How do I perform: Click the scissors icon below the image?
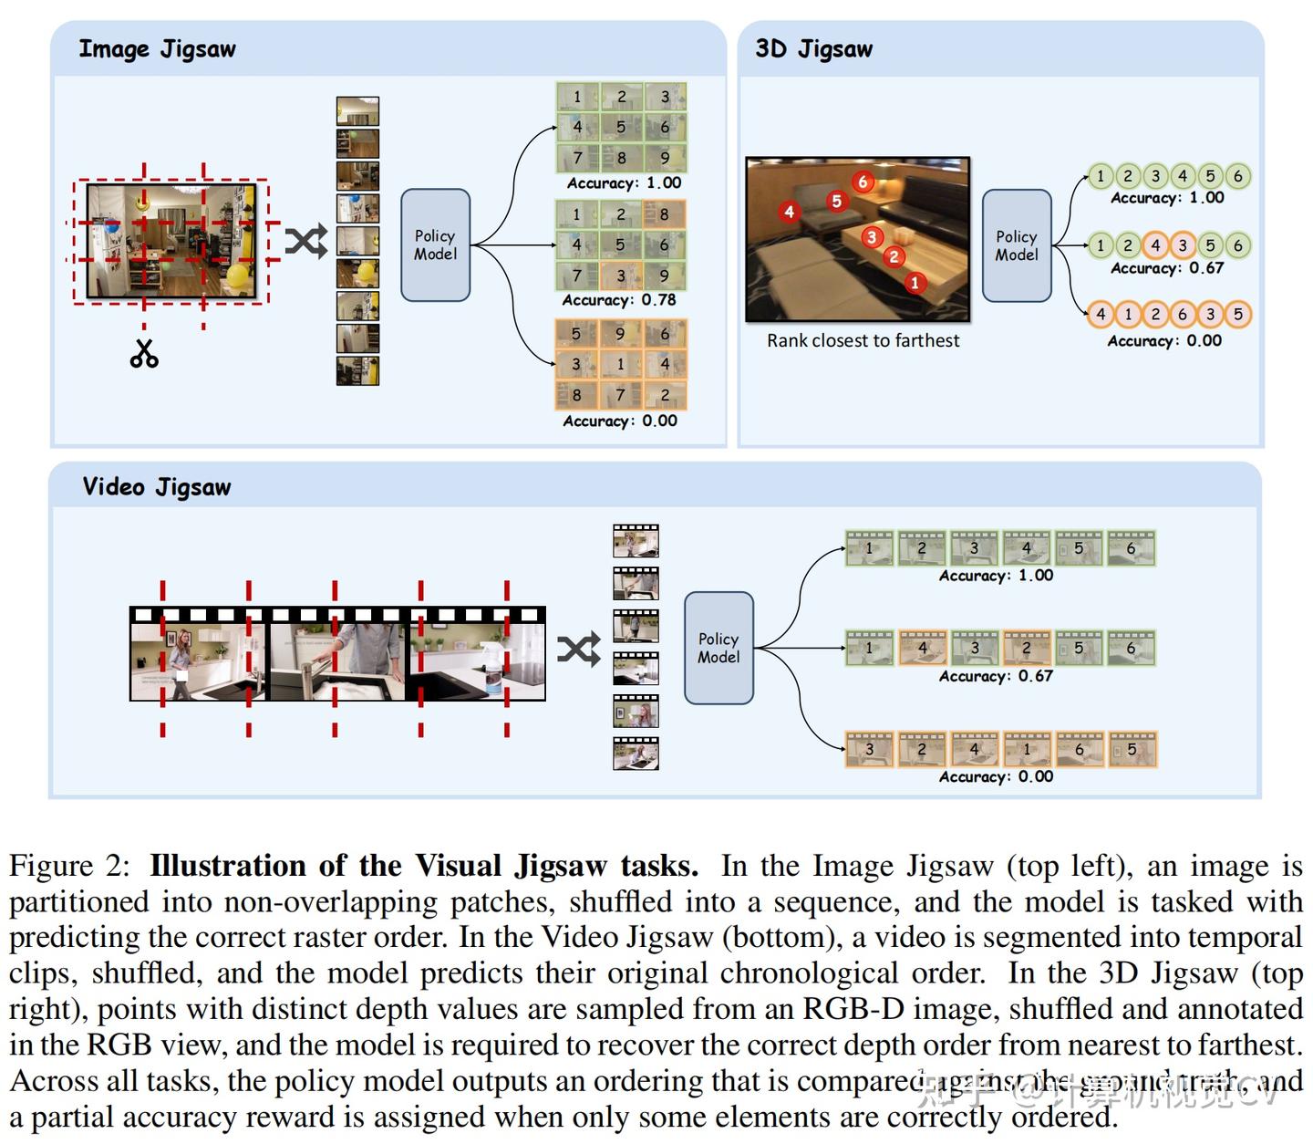click(x=144, y=353)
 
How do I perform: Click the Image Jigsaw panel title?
click(x=157, y=49)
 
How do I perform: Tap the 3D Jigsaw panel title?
click(x=813, y=49)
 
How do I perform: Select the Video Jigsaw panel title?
click(x=157, y=487)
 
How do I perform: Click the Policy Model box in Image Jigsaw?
click(x=435, y=245)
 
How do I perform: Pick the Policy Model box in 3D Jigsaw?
click(x=1017, y=245)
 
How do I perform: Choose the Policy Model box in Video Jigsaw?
click(x=719, y=648)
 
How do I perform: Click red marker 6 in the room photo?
click(x=863, y=182)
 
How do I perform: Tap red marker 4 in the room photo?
click(x=789, y=212)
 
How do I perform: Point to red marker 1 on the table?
click(x=915, y=283)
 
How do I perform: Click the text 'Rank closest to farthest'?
click(x=863, y=341)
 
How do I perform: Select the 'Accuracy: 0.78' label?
click(x=619, y=300)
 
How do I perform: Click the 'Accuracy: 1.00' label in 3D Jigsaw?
click(x=1167, y=198)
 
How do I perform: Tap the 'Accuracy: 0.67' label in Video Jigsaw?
click(x=996, y=676)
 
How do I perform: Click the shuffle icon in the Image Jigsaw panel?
click(x=305, y=242)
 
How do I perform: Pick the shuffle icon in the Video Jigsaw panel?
click(x=579, y=649)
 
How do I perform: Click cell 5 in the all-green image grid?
click(x=621, y=127)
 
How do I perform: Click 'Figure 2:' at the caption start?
click(x=69, y=866)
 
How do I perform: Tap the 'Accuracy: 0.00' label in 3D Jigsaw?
click(x=1164, y=341)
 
